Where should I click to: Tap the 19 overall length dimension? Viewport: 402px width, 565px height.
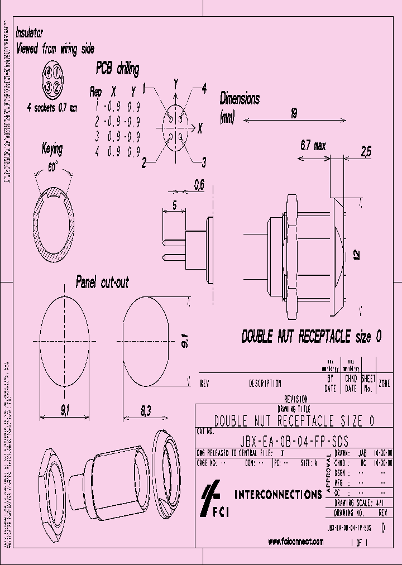(294, 113)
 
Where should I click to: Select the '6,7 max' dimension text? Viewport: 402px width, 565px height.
(313, 146)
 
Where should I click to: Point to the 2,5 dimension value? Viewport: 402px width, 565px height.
(366, 150)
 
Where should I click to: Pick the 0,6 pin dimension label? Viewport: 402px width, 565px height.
(199, 184)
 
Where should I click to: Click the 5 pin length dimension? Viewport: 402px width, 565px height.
(175, 205)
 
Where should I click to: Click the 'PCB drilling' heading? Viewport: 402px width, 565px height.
(117, 69)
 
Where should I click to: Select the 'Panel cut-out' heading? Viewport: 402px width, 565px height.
(102, 282)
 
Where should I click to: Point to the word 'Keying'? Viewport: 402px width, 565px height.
(52, 149)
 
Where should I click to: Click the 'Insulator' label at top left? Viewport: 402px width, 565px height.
(30, 33)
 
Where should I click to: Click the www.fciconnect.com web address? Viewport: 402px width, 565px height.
(296, 541)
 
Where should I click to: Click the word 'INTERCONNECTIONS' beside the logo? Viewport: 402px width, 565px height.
(279, 494)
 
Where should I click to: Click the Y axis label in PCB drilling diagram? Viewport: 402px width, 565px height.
(176, 84)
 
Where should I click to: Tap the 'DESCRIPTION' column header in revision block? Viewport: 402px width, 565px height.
(265, 384)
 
